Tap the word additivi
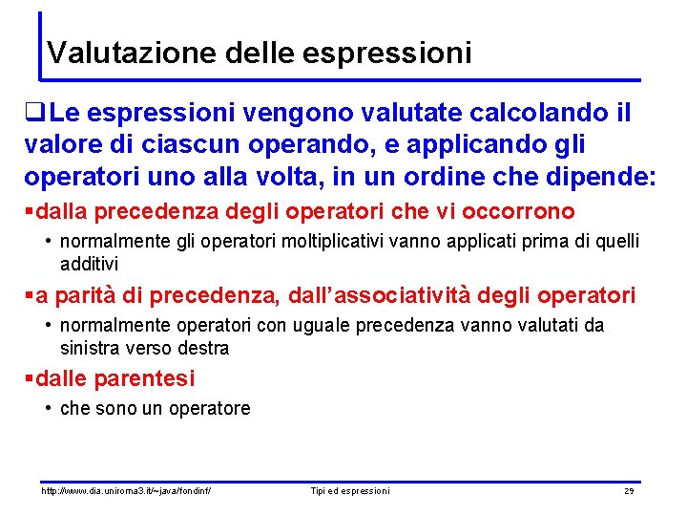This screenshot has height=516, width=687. pos(90,263)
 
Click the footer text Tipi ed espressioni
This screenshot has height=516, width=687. pos(350,491)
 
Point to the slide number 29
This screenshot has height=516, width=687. pos(629,491)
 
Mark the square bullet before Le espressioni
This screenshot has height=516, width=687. pos(37,115)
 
